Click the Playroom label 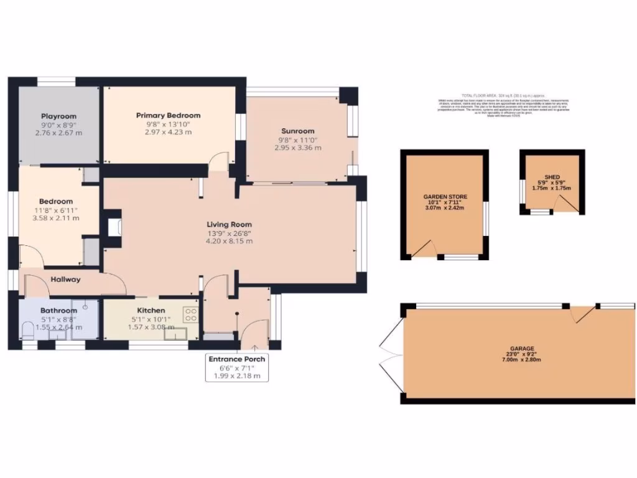coord(58,116)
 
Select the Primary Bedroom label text coord(168,115)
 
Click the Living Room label coord(230,224)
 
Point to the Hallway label coord(65,279)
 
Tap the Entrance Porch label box coord(236,367)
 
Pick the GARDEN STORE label coord(445,197)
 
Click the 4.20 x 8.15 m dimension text coord(230,241)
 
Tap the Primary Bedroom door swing coord(218,161)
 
